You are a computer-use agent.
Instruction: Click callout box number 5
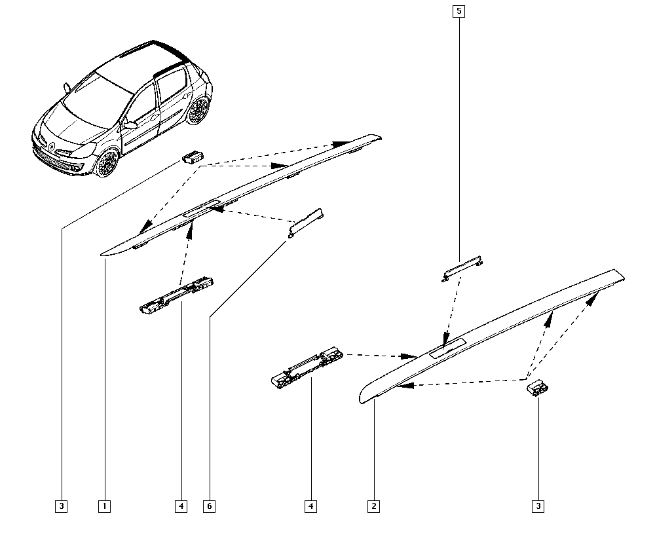pos(458,11)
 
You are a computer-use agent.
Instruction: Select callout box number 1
pos(104,506)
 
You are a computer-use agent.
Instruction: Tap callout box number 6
pos(210,506)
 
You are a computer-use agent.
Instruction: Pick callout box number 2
pos(374,506)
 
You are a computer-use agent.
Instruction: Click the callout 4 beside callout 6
pos(181,506)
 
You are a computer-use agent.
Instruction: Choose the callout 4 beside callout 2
pos(310,506)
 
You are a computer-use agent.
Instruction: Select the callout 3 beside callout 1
pos(62,506)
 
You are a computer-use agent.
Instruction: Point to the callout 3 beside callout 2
pos(538,506)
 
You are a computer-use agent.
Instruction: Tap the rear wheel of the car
pos(198,110)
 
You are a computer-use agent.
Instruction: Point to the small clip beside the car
pos(193,157)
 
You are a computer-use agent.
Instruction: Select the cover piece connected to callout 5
pos(462,268)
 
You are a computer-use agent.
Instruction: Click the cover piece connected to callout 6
pos(305,223)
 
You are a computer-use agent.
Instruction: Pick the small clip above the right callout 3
pos(538,388)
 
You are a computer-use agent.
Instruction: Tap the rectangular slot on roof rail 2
pos(448,348)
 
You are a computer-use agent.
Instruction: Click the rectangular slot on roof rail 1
pos(202,208)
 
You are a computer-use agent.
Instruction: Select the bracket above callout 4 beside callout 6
pos(177,294)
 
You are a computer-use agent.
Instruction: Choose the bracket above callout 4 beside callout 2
pos(307,367)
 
